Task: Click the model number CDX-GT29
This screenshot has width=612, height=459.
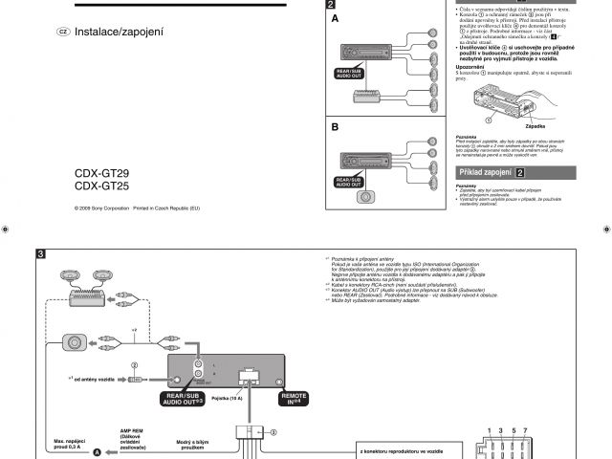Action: click(x=102, y=174)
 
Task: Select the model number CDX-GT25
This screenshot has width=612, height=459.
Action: click(x=102, y=186)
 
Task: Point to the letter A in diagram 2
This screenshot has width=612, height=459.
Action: click(x=335, y=19)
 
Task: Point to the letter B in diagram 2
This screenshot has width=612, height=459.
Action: click(x=335, y=127)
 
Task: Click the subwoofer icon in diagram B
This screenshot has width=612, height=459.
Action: click(x=365, y=199)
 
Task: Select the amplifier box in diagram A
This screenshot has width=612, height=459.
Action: click(x=367, y=98)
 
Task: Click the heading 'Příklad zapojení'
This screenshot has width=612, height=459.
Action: click(x=486, y=172)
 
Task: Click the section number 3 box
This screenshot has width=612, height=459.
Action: click(x=41, y=254)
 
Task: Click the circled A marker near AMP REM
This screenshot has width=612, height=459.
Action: click(x=95, y=451)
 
